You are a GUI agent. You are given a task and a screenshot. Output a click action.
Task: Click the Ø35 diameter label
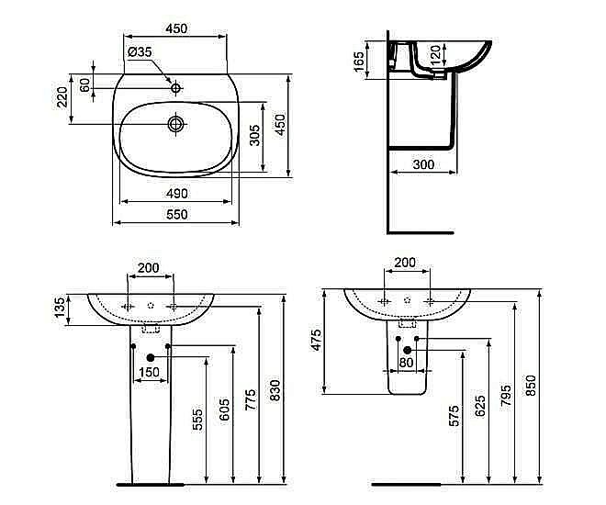(x=140, y=52)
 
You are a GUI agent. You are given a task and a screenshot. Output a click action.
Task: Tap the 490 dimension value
(x=176, y=193)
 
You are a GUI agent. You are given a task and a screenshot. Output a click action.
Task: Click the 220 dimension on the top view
(x=63, y=95)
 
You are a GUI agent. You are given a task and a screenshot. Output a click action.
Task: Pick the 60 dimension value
(x=85, y=84)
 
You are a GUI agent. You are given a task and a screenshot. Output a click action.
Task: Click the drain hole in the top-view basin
(x=175, y=123)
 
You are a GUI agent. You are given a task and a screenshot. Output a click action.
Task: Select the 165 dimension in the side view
(x=359, y=62)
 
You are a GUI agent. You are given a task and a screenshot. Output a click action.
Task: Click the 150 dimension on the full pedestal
(x=149, y=372)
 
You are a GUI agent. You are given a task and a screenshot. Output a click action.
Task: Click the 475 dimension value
(x=317, y=340)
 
